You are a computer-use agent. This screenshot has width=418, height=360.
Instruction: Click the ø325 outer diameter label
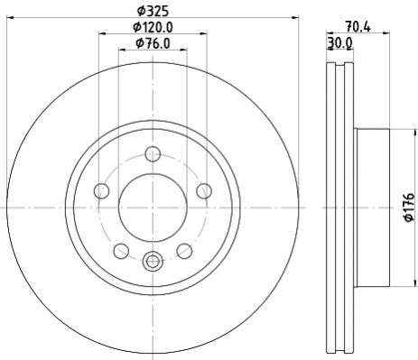[x=153, y=12]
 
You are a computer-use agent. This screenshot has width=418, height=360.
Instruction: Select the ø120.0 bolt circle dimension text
[x=153, y=27]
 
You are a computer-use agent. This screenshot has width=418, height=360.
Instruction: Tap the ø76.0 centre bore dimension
[x=153, y=42]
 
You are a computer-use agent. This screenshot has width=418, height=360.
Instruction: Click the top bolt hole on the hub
[x=153, y=153]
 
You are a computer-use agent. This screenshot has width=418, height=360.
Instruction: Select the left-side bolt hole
[x=101, y=190]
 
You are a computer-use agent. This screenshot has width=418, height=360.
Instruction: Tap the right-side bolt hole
[x=204, y=190]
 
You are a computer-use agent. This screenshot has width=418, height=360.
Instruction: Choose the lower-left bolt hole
[x=121, y=251]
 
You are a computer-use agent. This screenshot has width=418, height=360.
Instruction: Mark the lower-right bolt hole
[x=184, y=251]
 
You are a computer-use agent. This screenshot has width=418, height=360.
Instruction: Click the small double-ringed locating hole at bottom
[x=153, y=262]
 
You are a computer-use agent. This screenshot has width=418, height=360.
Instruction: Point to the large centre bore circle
[x=153, y=208]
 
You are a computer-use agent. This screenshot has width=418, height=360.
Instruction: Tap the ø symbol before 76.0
[x=137, y=42]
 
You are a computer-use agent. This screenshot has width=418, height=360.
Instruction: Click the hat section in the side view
[x=372, y=208]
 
